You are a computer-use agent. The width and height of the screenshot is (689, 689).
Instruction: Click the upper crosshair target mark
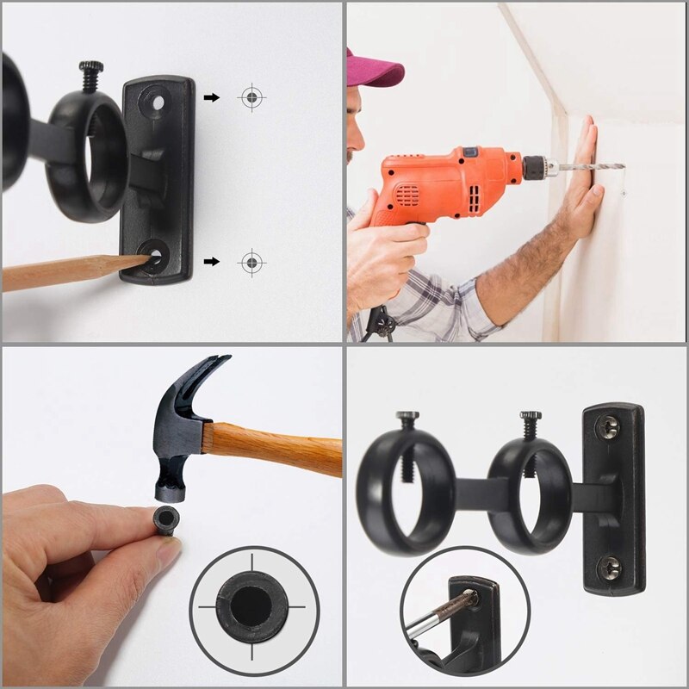pyautogui.click(x=251, y=97)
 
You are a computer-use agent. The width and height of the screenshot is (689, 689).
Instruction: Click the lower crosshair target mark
pyautogui.click(x=251, y=261)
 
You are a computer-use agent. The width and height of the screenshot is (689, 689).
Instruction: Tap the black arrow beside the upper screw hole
pyautogui.click(x=211, y=97)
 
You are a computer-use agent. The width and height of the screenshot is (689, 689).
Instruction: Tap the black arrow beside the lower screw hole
pyautogui.click(x=211, y=261)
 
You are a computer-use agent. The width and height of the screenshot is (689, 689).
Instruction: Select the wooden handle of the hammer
pyautogui.click(x=276, y=444)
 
